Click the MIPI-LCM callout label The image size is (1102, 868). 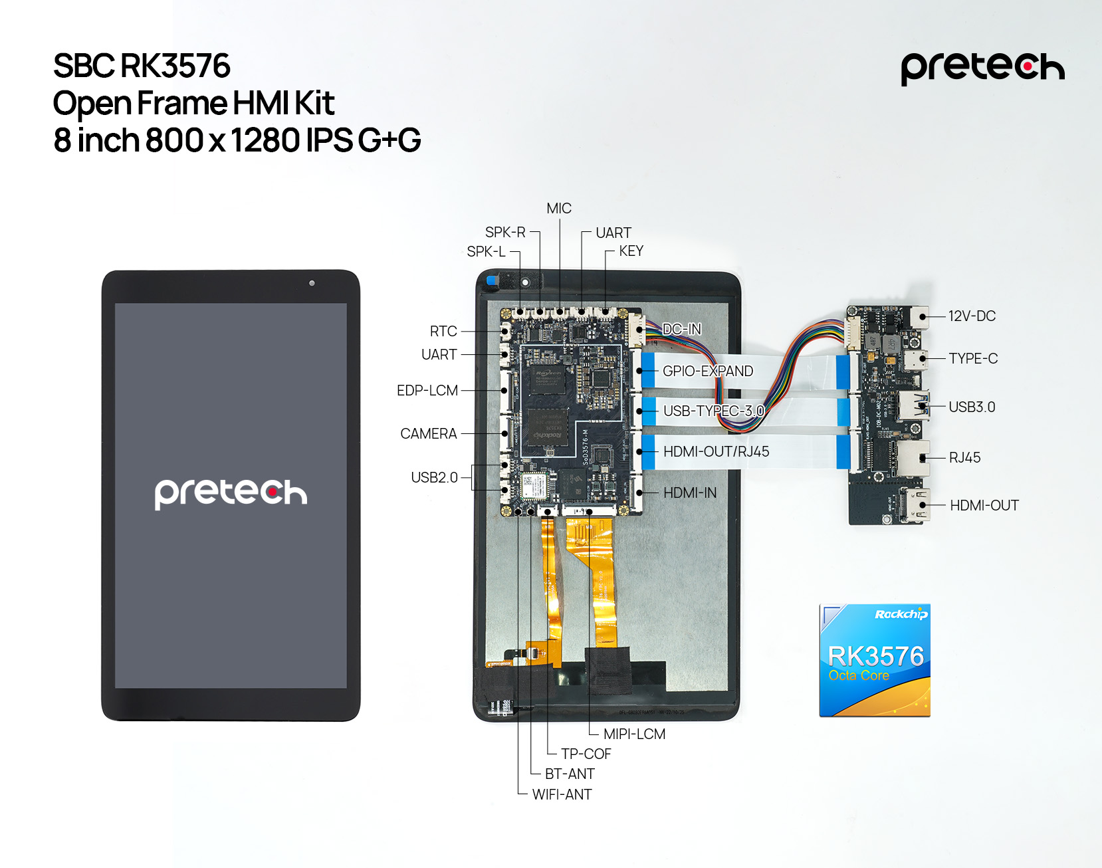[x=634, y=734]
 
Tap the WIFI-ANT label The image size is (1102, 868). [x=562, y=794]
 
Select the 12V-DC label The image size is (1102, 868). [x=972, y=316]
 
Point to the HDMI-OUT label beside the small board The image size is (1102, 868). [x=984, y=506]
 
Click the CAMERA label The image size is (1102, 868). [x=429, y=434]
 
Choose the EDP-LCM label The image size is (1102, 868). [x=427, y=391]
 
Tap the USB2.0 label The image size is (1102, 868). [x=434, y=477]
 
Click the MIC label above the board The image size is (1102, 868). [x=558, y=209]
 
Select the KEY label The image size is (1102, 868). [x=631, y=251]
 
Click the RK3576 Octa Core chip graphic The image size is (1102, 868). [x=875, y=660]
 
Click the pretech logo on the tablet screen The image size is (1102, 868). [x=231, y=493]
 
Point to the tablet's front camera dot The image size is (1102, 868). [x=312, y=283]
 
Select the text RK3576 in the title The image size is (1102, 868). [x=175, y=66]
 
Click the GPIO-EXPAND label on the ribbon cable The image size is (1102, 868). [x=708, y=371]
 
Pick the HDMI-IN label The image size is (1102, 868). [x=690, y=493]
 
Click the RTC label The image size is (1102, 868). [x=443, y=331]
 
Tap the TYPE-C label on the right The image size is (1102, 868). [x=973, y=359]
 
